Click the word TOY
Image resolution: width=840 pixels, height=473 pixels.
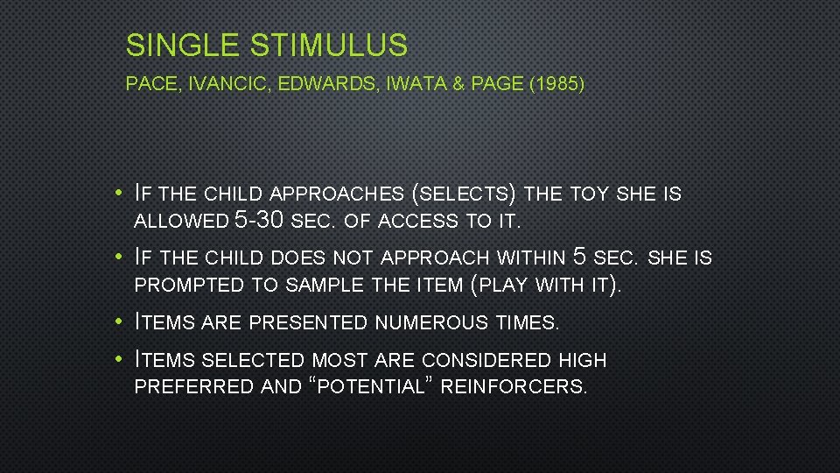click(591, 194)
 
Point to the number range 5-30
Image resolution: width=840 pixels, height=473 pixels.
click(260, 222)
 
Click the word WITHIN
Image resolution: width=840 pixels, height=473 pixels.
click(531, 258)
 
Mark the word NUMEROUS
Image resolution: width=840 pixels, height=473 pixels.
click(431, 323)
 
